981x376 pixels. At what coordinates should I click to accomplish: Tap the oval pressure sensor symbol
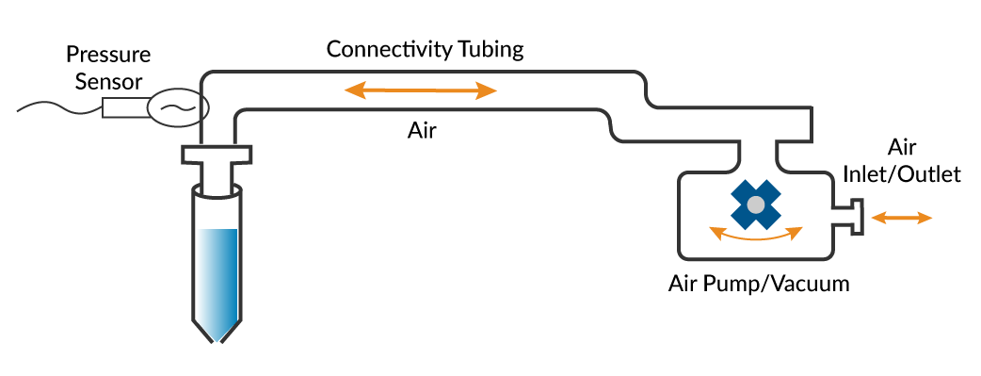pyautogui.click(x=177, y=106)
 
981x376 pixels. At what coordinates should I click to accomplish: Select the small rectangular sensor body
pyautogui.click(x=124, y=107)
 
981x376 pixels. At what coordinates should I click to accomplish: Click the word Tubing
pyautogui.click(x=491, y=49)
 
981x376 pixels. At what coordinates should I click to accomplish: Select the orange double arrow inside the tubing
pyautogui.click(x=421, y=90)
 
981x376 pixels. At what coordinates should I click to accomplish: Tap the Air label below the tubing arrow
pyautogui.click(x=423, y=132)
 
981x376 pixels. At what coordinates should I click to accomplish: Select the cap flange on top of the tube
pyautogui.click(x=217, y=154)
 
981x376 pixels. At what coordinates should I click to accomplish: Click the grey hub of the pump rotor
pyautogui.click(x=755, y=204)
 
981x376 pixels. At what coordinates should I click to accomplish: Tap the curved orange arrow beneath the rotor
pyautogui.click(x=755, y=236)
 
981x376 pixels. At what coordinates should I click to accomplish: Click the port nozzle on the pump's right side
pyautogui.click(x=849, y=217)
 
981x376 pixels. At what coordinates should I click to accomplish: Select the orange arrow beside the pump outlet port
pyautogui.click(x=902, y=218)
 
